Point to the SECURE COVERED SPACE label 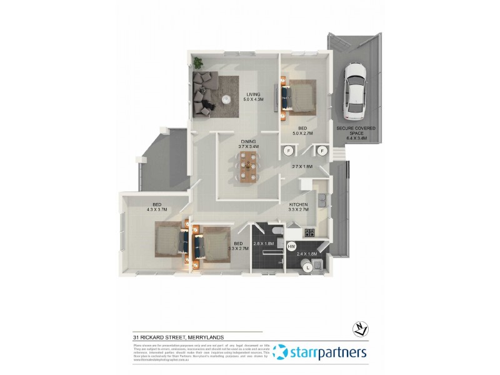pos(356,131)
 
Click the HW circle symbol pos(291,247)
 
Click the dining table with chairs pos(249,166)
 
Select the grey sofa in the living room pos(204,94)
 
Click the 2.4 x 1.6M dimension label pos(307,254)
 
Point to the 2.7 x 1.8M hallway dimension pos(303,167)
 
